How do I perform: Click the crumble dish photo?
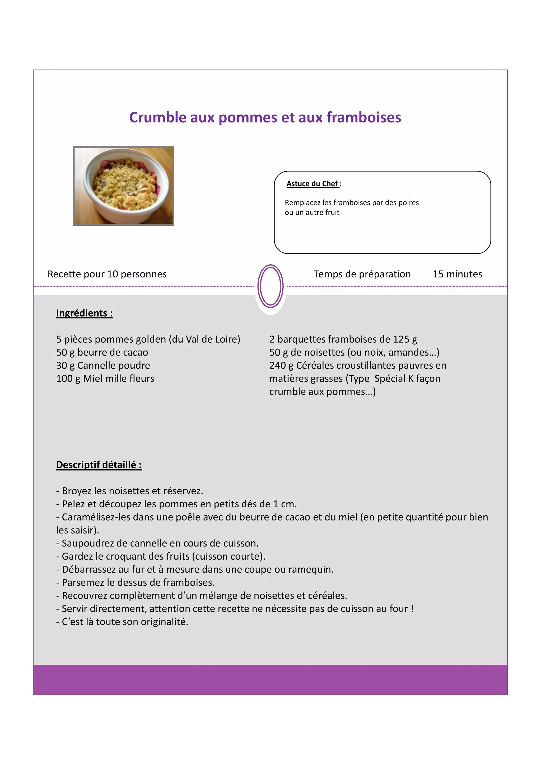coord(123,186)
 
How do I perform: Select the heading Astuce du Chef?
coord(312,183)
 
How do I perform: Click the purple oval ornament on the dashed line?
coord(270,286)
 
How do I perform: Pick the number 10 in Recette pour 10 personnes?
coord(113,274)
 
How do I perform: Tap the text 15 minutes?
coord(457,274)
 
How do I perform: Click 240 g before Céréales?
coord(281,366)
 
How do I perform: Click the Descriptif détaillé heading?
coord(99,465)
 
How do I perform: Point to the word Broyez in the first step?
coord(76,491)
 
